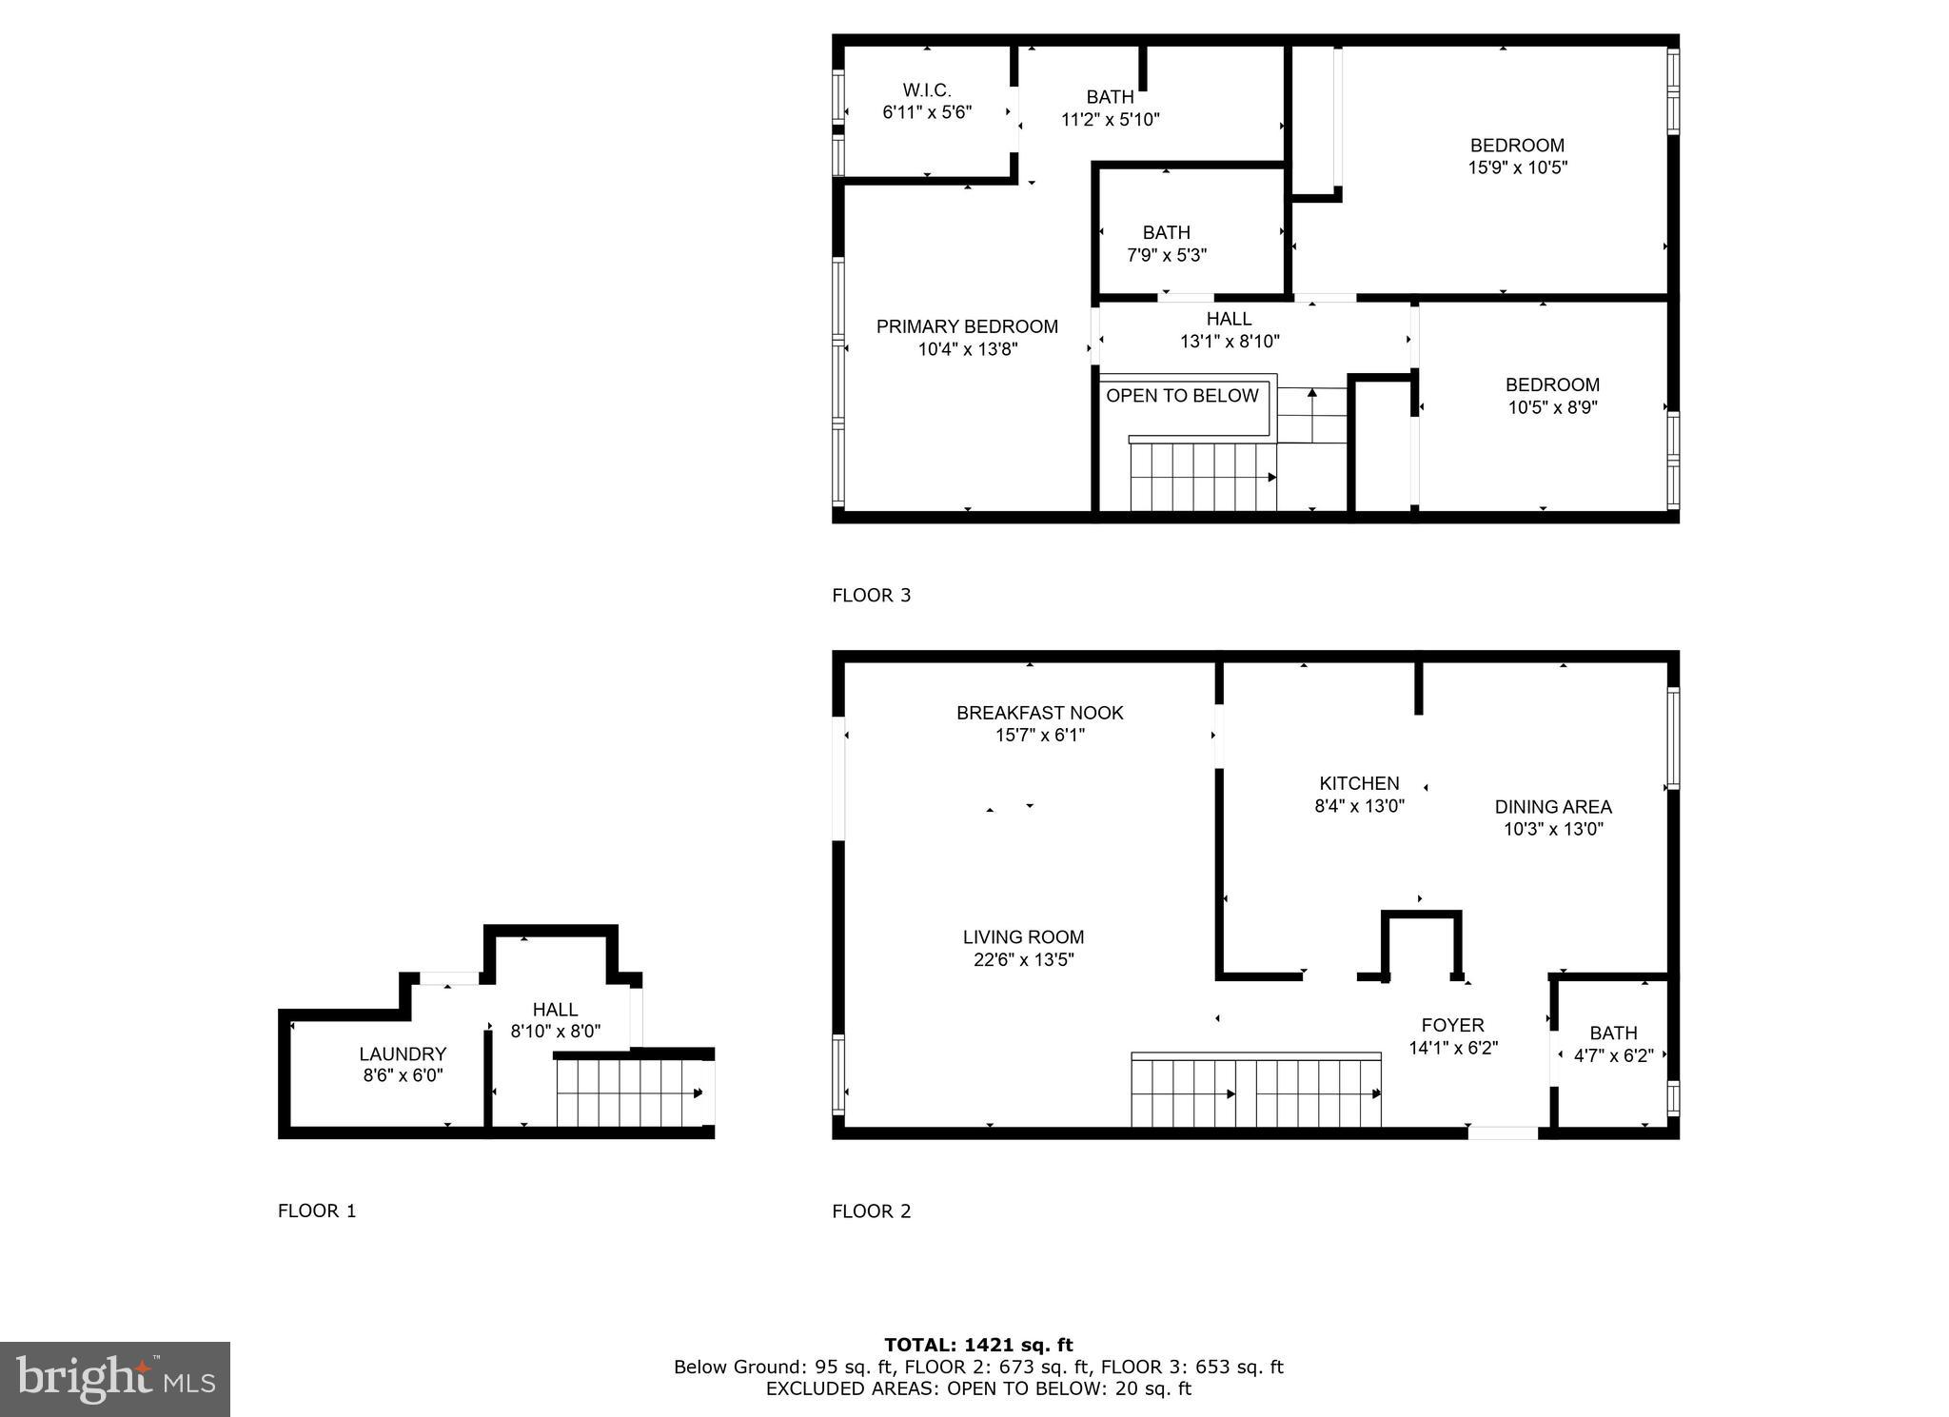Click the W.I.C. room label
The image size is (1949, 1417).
click(926, 90)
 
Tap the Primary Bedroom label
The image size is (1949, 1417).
click(967, 326)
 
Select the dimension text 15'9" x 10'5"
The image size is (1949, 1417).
click(1517, 167)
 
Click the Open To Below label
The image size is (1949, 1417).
click(1182, 396)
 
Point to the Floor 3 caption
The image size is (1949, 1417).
click(871, 596)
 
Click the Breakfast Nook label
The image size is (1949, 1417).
click(1039, 713)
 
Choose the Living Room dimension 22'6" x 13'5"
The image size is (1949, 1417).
click(1023, 960)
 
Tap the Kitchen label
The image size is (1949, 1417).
click(1359, 783)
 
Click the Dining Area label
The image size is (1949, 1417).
click(1552, 807)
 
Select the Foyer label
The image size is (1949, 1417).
click(1452, 1025)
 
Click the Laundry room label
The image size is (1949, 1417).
click(403, 1053)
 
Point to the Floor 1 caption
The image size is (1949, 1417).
click(317, 1211)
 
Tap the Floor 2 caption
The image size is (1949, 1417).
click(871, 1211)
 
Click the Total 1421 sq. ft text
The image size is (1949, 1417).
click(978, 1345)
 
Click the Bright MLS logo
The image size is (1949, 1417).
click(115, 1379)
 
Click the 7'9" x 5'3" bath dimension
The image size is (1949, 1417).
click(1167, 255)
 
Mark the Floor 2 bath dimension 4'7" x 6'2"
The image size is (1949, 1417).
click(1613, 1055)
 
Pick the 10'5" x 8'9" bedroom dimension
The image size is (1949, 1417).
click(1552, 407)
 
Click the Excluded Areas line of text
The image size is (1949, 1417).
click(978, 1388)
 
